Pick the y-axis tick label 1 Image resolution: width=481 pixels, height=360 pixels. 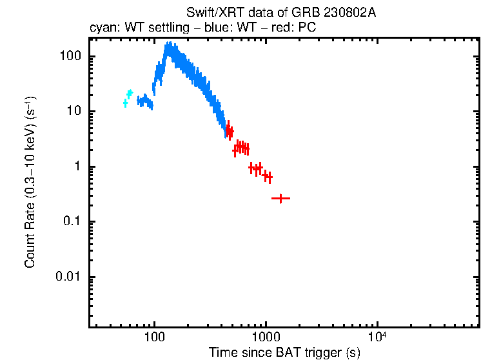pos(77,166)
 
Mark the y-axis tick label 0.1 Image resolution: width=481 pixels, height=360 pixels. pos(72,222)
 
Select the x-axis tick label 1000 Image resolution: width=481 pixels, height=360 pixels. pos(265,339)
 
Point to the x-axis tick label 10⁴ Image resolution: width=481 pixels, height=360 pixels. pos(377,337)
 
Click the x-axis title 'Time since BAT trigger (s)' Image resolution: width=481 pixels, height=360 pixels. pos(284,353)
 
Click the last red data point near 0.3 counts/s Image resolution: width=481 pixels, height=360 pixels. pos(280,199)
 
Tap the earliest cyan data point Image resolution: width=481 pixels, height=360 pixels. pos(126,103)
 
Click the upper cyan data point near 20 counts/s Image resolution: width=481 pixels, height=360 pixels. pos(130,94)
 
